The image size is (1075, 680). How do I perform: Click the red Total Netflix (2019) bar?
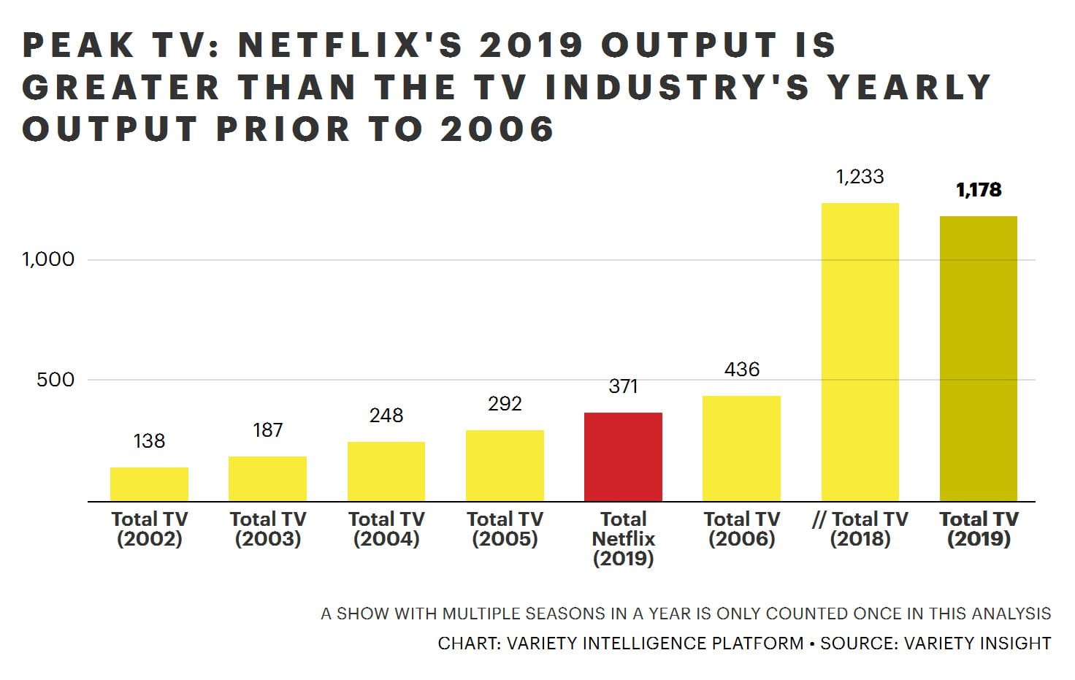(x=623, y=456)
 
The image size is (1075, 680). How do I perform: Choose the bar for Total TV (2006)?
(x=741, y=448)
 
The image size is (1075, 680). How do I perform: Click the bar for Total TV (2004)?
(x=386, y=471)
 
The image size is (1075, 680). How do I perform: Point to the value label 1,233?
(x=860, y=177)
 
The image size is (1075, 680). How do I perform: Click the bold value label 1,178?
(x=979, y=190)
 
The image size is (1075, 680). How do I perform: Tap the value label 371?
(x=623, y=386)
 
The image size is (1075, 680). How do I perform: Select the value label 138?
(x=149, y=441)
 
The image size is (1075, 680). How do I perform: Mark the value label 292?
(x=505, y=404)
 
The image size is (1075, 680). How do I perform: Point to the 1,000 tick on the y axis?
(x=48, y=259)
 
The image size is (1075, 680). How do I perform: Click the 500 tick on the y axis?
(x=56, y=380)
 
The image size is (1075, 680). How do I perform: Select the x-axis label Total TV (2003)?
(x=267, y=529)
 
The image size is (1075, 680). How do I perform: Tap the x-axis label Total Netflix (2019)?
(x=623, y=539)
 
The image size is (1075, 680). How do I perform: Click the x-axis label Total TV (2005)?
(x=505, y=529)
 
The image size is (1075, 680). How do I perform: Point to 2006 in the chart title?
(x=497, y=129)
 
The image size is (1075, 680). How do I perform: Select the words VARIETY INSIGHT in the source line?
(x=977, y=643)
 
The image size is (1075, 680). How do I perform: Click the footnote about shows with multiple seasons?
(x=685, y=614)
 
